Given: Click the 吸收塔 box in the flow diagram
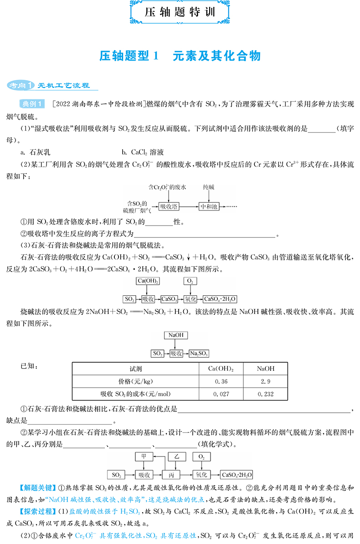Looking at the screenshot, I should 169,206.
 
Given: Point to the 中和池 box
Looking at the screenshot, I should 210,206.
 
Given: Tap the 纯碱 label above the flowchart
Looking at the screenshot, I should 210,187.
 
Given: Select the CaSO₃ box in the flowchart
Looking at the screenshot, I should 169,299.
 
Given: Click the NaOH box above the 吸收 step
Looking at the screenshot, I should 175,335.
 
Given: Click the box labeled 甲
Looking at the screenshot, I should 144,456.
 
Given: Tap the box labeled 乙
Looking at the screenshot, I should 177,456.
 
